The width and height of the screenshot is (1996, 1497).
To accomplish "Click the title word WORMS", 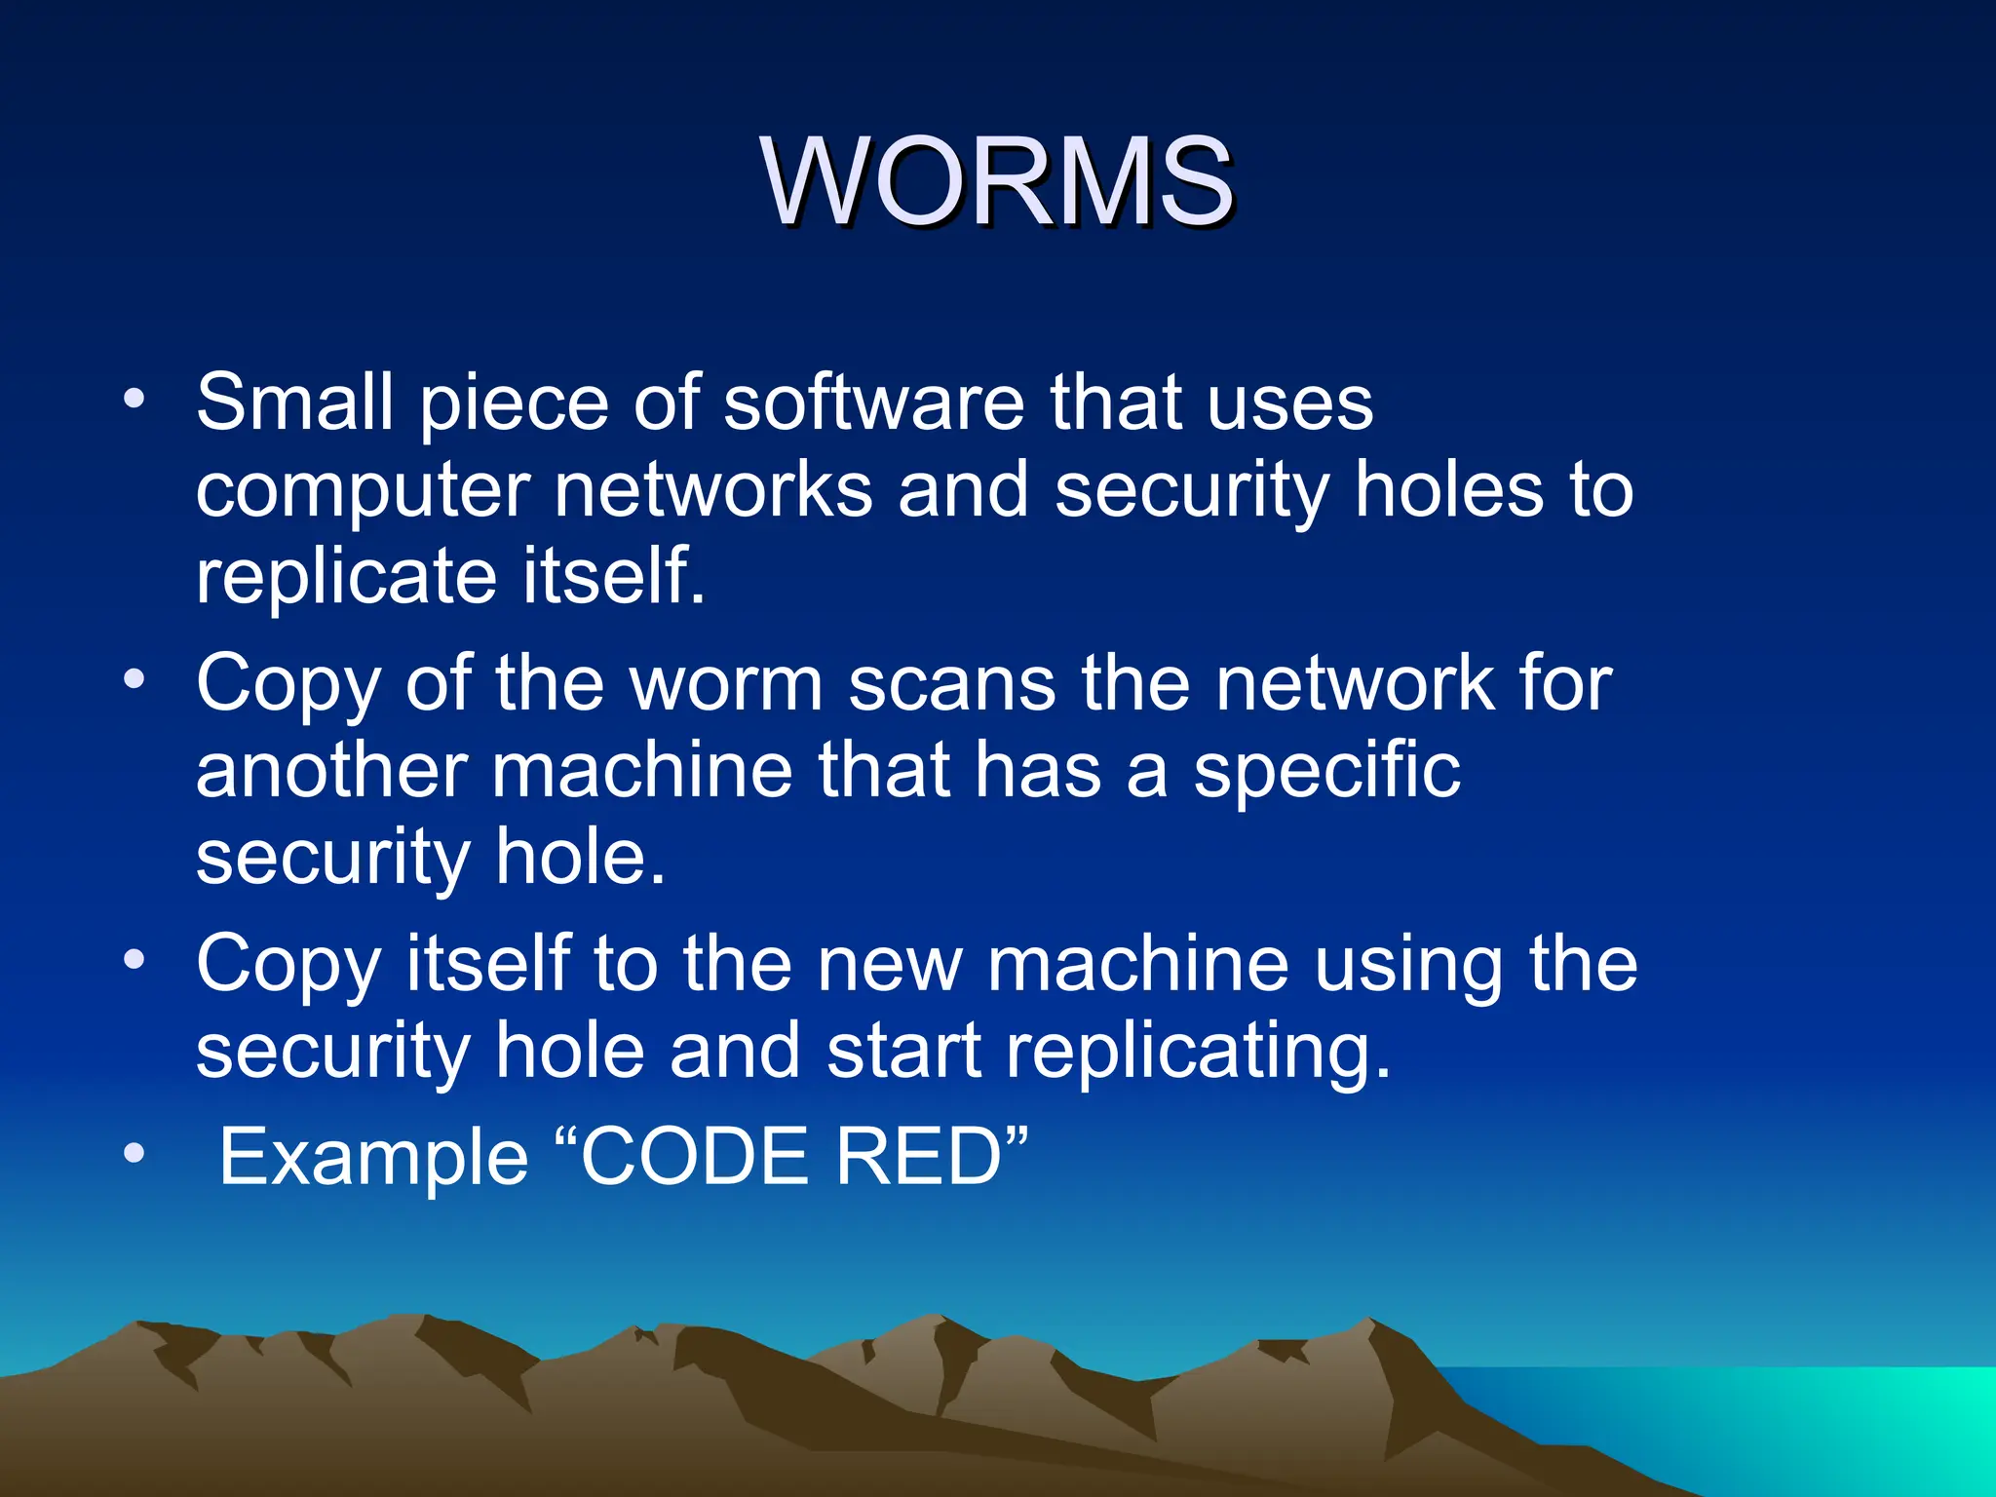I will [x=998, y=182].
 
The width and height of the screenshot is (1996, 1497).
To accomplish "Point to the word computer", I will [x=363, y=491].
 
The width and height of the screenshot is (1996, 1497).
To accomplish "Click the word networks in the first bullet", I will [x=712, y=489].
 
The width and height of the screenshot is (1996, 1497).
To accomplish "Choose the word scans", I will [x=951, y=684].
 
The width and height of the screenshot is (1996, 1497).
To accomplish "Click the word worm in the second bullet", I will [x=727, y=684].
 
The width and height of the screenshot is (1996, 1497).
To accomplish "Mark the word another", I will [x=331, y=770].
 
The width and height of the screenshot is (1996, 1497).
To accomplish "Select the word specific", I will [x=1326, y=772].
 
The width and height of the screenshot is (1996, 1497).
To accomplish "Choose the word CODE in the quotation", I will [x=695, y=1157].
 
